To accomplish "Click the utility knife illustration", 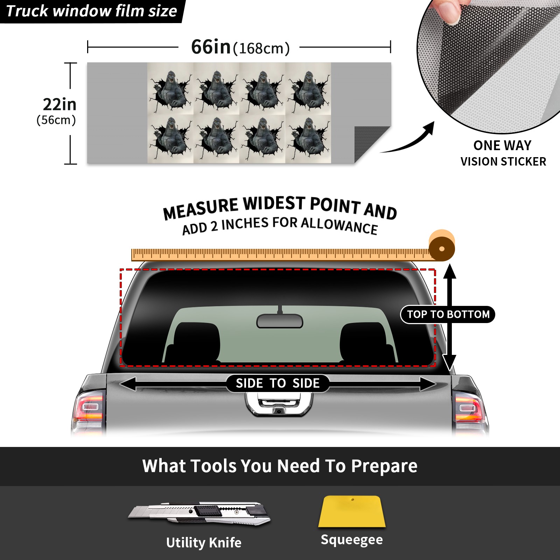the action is pos(199,513).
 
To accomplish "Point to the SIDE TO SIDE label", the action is pos(278,383).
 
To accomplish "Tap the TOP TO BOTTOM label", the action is pos(448,314).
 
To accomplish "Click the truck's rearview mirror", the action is pos(280,321).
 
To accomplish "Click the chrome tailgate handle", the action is pos(279,404).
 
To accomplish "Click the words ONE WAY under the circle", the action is pos(502,146).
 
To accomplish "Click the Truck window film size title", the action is pos(92,11).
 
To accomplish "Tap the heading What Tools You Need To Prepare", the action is pos(280,466).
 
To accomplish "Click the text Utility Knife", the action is pos(204,543).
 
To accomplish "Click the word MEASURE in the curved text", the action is pos(201,209).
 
